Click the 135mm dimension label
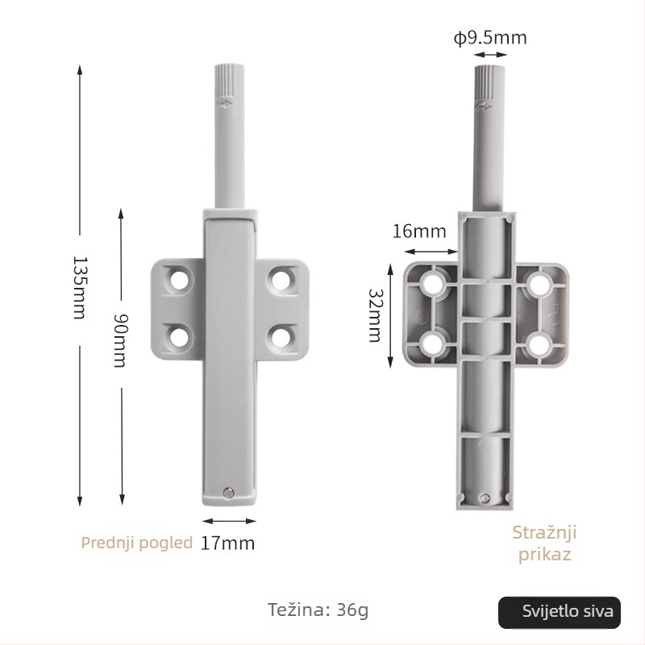79,288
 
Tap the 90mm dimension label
120,340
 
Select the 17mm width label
227,543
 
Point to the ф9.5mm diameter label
490,38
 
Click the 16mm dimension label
418,231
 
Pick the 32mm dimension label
375,315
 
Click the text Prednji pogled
136,543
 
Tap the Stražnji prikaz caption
545,543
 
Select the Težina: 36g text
318,610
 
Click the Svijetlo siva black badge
560,612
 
